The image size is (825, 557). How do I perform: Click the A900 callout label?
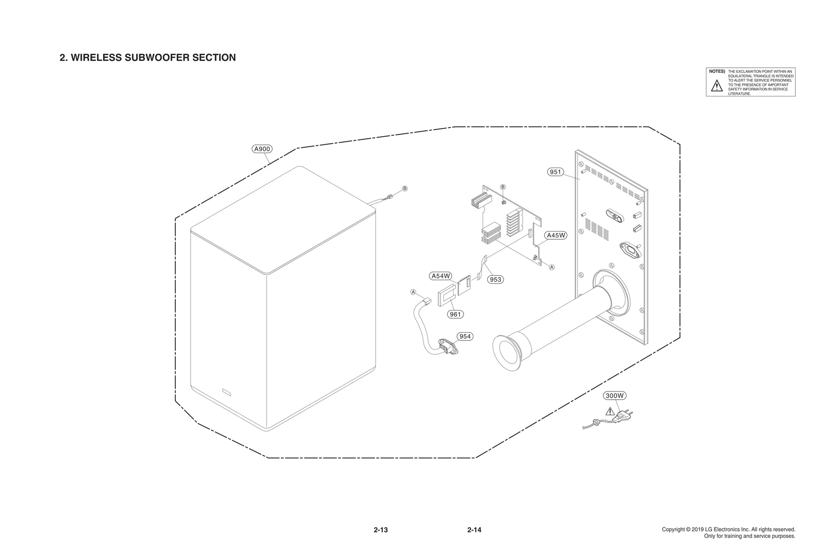click(x=262, y=149)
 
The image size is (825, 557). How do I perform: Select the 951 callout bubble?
click(x=555, y=172)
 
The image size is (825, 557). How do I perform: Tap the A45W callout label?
click(x=556, y=235)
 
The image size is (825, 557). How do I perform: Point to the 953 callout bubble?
click(x=495, y=280)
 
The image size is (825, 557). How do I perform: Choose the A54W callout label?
click(x=441, y=276)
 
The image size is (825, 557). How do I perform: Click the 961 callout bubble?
click(x=455, y=314)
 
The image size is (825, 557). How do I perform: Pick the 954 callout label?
click(x=465, y=336)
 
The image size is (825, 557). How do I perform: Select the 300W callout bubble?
click(x=615, y=396)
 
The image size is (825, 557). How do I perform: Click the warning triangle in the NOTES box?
click(x=717, y=86)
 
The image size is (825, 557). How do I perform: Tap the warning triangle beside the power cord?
click(x=610, y=411)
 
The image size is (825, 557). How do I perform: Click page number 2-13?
click(x=381, y=530)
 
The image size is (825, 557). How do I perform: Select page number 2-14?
click(x=474, y=530)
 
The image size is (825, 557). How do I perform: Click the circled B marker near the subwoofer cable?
click(x=405, y=188)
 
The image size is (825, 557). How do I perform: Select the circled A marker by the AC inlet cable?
click(x=413, y=292)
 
